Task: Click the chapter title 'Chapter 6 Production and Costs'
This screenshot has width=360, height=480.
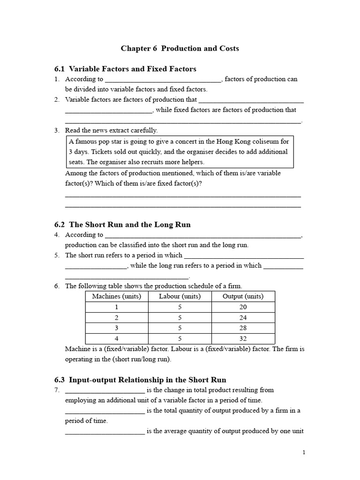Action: (180, 48)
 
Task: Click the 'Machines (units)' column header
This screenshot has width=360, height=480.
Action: (117, 296)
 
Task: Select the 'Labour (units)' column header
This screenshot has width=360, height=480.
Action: (180, 296)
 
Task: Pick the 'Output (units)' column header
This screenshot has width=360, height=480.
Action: (243, 296)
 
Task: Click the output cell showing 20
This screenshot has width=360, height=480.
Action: (243, 307)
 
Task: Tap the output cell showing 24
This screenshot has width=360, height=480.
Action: (243, 317)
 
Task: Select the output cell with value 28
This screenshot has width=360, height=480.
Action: (243, 328)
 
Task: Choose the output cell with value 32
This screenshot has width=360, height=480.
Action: (243, 338)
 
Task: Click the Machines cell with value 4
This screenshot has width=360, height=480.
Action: (117, 338)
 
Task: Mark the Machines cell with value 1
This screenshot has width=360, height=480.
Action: (117, 307)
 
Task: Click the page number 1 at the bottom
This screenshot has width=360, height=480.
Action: (304, 452)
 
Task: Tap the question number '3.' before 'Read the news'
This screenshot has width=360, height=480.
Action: (57, 130)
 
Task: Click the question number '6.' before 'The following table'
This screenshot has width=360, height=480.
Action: (57, 286)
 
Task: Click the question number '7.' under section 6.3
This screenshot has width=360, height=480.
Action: (57, 390)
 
